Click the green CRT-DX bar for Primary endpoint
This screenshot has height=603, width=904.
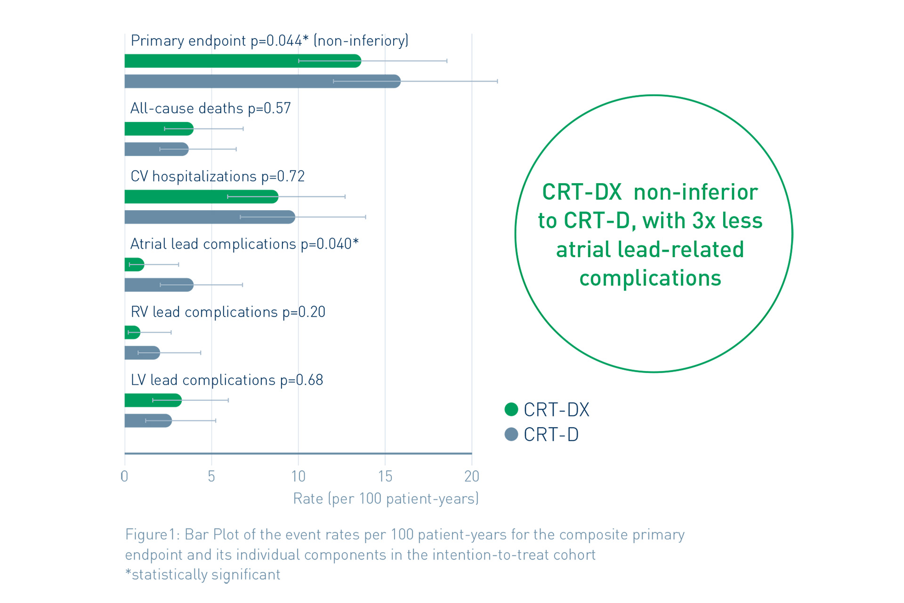tap(242, 61)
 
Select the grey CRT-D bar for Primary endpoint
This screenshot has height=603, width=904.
tap(262, 81)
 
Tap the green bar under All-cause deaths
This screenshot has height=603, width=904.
tap(159, 129)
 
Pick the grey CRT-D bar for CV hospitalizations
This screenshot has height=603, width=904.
tap(210, 217)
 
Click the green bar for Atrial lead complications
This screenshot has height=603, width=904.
tap(134, 265)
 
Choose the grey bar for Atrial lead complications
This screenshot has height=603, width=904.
tap(159, 285)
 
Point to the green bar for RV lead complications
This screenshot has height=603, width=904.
tap(132, 333)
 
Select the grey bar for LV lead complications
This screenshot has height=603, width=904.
tap(148, 421)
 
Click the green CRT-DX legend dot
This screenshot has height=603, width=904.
tap(511, 409)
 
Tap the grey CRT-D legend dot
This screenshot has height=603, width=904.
tap(511, 434)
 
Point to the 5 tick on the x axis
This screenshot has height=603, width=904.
tap(211, 477)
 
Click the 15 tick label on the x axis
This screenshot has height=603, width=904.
tap(385, 477)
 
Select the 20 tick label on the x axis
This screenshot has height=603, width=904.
tap(472, 477)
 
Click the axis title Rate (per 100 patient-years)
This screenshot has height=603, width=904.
tap(386, 498)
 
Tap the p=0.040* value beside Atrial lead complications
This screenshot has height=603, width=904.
tap(330, 244)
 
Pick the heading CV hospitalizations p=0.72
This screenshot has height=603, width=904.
tap(218, 176)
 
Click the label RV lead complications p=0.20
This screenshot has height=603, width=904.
tap(228, 312)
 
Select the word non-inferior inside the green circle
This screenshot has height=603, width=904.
tap(695, 192)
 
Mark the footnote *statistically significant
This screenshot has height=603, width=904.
tap(203, 575)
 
